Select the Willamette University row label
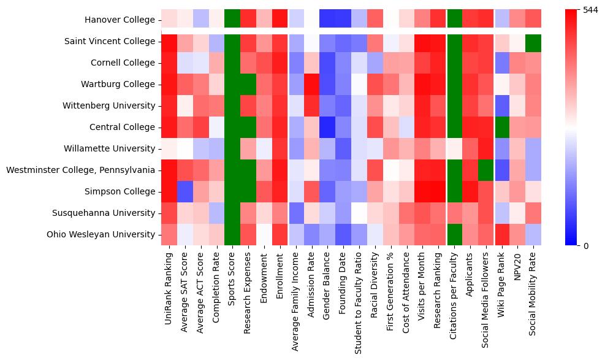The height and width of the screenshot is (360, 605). click(109, 148)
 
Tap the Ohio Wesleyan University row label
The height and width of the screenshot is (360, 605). click(102, 234)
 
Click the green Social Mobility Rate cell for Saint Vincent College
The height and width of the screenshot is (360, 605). click(535, 42)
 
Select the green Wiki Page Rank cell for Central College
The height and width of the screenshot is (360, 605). click(503, 127)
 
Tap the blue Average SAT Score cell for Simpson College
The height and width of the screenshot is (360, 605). click(185, 191)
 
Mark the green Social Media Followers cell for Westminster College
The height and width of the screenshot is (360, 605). click(487, 170)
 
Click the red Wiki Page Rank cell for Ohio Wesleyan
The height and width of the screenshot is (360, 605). click(503, 234)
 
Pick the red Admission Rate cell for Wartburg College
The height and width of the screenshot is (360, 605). click(312, 84)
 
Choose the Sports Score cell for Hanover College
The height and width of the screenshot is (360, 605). click(232, 20)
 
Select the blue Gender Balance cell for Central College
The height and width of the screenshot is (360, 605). click(328, 127)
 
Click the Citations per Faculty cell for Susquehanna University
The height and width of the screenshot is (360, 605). click(455, 213)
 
